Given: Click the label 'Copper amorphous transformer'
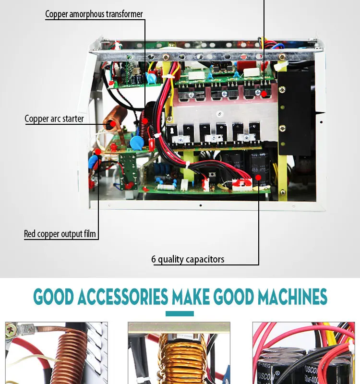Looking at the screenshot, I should pos(94,14).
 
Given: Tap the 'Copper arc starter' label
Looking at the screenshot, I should pos(54,119).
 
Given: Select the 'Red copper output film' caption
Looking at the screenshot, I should pos(60,234).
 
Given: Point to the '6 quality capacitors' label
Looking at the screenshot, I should pos(188,259).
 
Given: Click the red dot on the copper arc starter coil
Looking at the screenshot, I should pos(111,123).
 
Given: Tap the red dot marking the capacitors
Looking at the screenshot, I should pos(259,177).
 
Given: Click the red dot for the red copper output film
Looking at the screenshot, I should pos(98,152).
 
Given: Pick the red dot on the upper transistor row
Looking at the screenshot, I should pos(264,93).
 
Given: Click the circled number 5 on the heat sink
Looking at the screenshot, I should pos(219,114).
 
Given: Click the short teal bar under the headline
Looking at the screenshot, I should pos(180,313).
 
